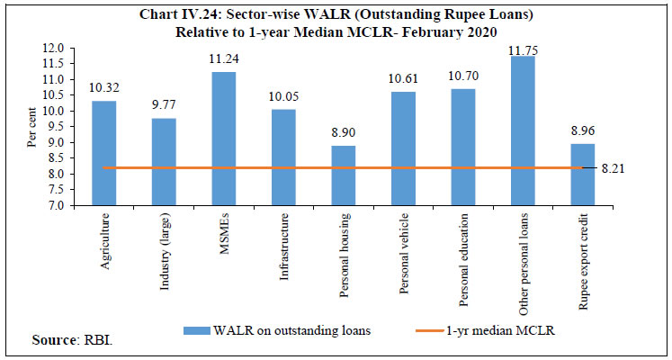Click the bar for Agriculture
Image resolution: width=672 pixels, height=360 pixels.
click(x=104, y=153)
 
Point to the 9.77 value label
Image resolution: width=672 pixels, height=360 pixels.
click(x=164, y=104)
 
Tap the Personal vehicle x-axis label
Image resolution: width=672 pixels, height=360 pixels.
click(x=401, y=245)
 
